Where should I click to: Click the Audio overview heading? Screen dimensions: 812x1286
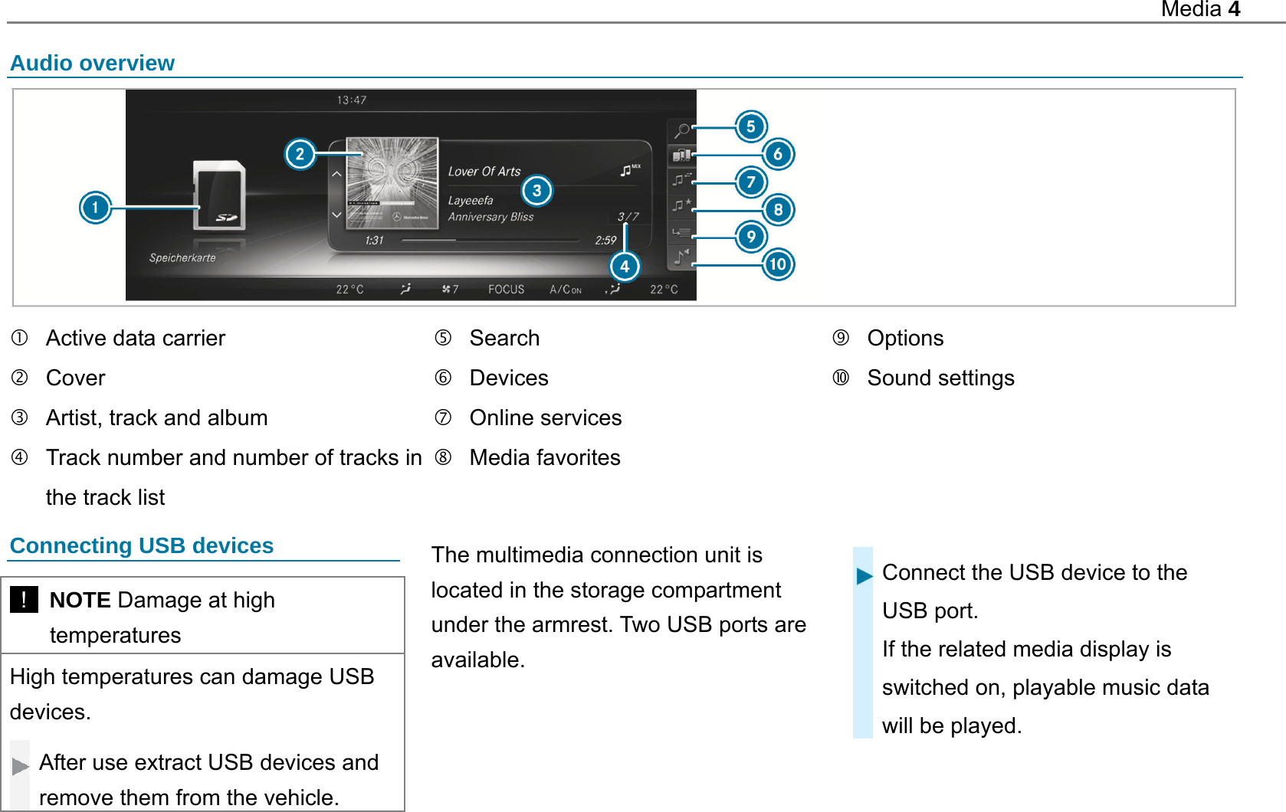(x=92, y=63)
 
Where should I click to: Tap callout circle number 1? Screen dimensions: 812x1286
(x=95, y=208)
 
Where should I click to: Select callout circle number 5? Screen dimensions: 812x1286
(x=751, y=126)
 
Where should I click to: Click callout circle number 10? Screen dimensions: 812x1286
(x=778, y=264)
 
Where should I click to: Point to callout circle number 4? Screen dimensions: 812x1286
(x=625, y=266)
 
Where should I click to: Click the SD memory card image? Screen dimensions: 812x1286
(x=220, y=195)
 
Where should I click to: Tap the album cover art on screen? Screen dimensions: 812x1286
(x=392, y=183)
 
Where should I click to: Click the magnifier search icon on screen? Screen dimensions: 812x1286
(x=681, y=130)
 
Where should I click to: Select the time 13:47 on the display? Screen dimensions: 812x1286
(x=352, y=100)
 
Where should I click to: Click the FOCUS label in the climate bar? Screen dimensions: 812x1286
(x=506, y=290)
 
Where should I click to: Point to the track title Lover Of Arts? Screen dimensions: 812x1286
(x=484, y=172)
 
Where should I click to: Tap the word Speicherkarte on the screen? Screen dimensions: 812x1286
(x=182, y=258)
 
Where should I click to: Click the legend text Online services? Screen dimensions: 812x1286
(x=545, y=417)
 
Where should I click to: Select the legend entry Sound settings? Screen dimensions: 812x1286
(x=940, y=378)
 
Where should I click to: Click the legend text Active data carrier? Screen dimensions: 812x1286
(x=136, y=338)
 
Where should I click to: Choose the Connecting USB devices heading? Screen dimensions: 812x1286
(x=142, y=545)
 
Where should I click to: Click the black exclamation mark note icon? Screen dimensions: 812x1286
(x=24, y=599)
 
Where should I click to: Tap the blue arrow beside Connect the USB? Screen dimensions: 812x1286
(x=864, y=576)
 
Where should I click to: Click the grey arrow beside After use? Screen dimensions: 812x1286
(x=20, y=766)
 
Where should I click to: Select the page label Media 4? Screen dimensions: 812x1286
(x=1200, y=9)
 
